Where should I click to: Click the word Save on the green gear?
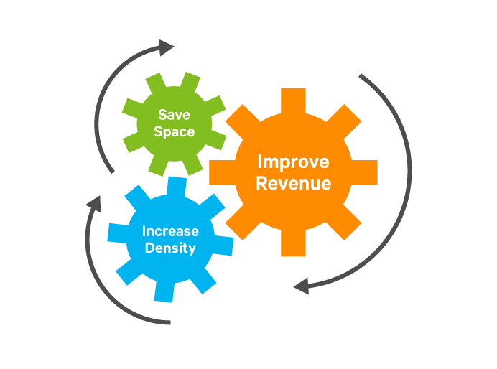tap(175, 114)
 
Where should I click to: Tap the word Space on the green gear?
tap(175, 131)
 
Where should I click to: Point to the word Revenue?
tap(293, 183)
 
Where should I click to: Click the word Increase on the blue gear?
tap(170, 231)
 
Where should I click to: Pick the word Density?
tap(170, 248)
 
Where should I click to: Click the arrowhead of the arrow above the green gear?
tap(167, 48)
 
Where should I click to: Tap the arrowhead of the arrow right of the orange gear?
tap(301, 286)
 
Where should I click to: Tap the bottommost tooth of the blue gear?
tap(164, 290)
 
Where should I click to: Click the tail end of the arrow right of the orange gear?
tap(361, 75)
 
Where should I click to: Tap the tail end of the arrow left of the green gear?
tap(111, 171)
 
